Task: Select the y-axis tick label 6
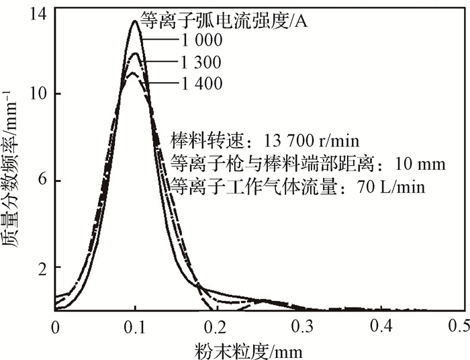coord(41,181)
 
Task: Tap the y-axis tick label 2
coord(41,268)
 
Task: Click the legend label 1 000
coord(199,42)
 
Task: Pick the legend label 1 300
coord(199,62)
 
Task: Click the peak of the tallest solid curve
coord(135,21)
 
